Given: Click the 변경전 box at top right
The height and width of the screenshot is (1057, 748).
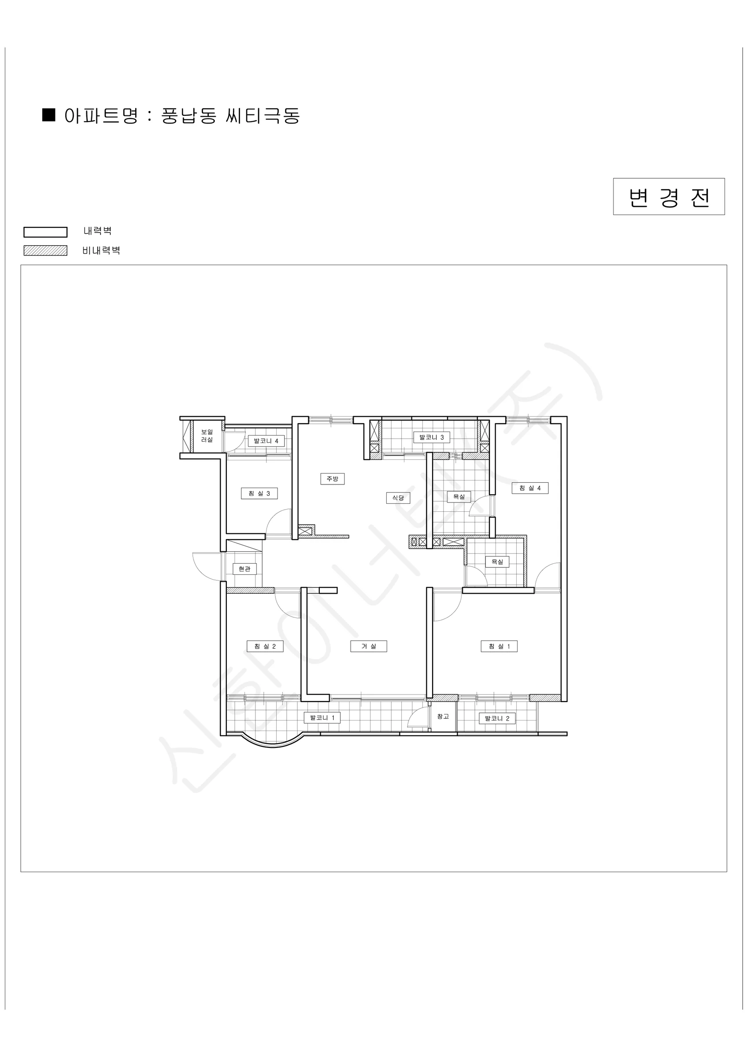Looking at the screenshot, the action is [x=668, y=196].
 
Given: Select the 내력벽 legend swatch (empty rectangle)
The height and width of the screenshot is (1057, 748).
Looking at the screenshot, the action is [x=45, y=232].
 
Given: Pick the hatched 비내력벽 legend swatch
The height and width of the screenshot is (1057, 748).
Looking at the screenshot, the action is [x=45, y=251].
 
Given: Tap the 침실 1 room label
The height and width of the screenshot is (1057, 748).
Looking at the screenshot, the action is [x=499, y=647].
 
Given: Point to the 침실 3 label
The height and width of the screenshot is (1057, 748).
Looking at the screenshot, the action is [x=259, y=494].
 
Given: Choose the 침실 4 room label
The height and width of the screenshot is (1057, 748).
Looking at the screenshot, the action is [x=530, y=488].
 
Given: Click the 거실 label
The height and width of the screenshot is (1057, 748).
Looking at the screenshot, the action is [x=368, y=647].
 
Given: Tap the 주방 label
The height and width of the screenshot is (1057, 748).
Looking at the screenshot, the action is [x=333, y=479].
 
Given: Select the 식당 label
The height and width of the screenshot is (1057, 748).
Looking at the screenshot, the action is [x=398, y=498].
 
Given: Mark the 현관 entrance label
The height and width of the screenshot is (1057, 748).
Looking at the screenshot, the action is [x=244, y=569].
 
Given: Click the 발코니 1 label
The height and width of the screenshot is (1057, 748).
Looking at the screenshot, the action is [x=322, y=718].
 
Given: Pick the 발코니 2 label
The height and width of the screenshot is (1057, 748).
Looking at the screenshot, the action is [x=497, y=718].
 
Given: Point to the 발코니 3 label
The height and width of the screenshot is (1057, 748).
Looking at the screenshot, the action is [x=432, y=437].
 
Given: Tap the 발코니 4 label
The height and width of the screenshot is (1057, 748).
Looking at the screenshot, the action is [x=266, y=441].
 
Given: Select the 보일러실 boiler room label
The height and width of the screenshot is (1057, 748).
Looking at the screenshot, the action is [x=207, y=436].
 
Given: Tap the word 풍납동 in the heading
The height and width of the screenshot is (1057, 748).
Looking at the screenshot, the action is [x=189, y=116].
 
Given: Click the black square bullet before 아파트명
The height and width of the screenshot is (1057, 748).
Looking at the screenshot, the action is [x=49, y=115].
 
